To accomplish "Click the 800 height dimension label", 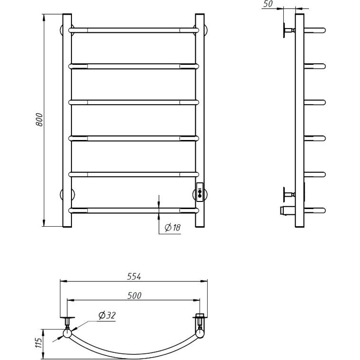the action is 39,120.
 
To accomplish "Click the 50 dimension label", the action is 268,4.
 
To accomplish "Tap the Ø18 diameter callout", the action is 173,228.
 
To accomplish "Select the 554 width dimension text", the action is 134,276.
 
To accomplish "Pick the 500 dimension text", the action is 134,296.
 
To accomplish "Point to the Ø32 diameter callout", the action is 107,315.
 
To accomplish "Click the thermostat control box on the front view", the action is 200,192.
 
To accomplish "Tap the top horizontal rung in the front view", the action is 133,30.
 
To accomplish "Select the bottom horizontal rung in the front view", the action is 133,210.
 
